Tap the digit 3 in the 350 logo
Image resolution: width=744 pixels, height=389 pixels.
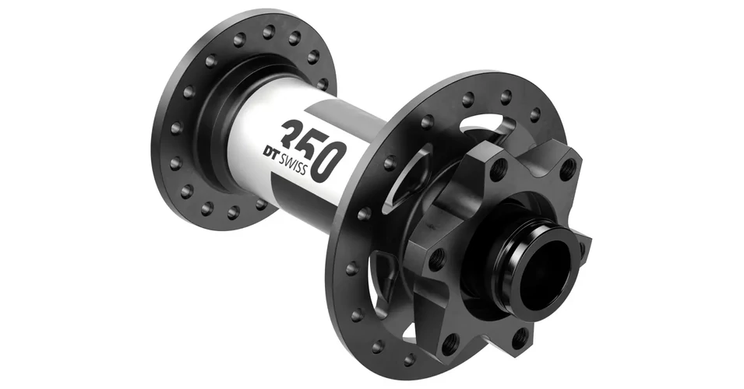294,135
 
